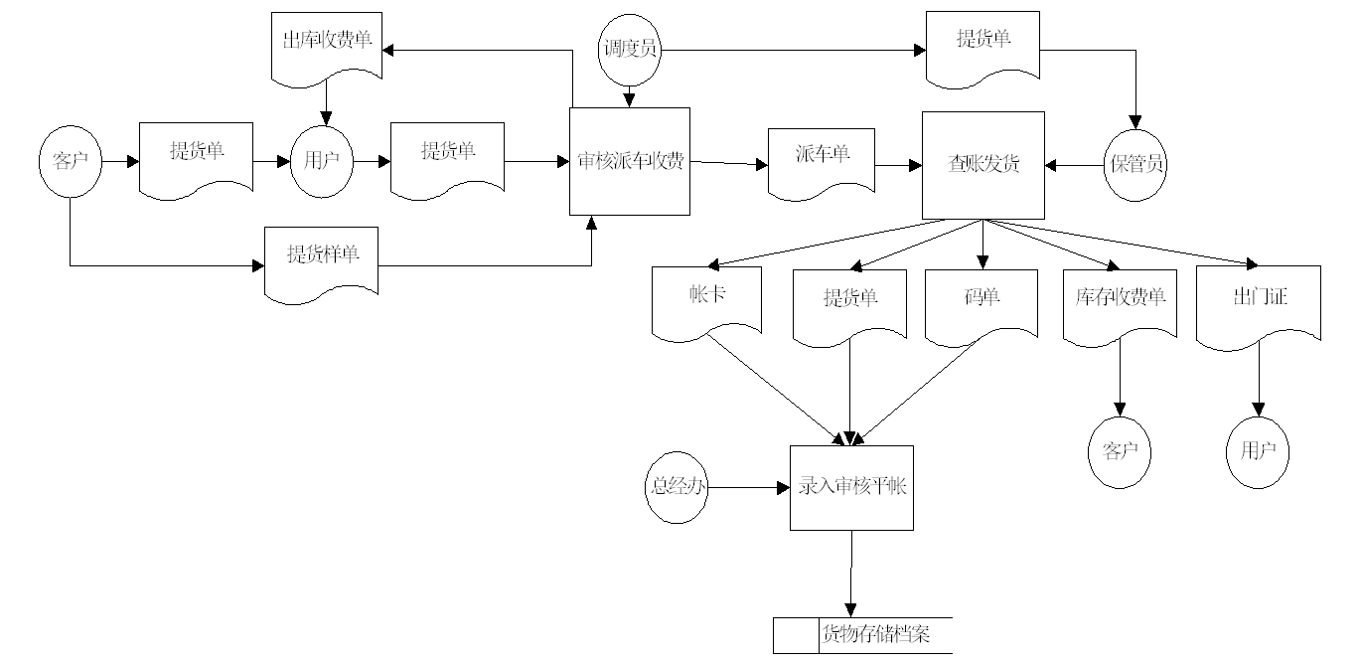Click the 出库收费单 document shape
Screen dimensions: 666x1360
327,46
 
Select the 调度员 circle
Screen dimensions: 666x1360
630,48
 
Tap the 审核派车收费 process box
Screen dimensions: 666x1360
630,161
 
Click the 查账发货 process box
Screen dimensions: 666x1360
982,165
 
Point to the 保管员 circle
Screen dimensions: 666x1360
1134,165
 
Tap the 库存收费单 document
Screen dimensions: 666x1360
1120,300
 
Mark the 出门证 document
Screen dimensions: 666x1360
1258,300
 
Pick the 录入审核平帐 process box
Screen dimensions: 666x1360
852,487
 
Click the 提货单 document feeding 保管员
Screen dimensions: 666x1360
982,44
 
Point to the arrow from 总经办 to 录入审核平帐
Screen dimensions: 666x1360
745,488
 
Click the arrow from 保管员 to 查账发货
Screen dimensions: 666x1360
1075,166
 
